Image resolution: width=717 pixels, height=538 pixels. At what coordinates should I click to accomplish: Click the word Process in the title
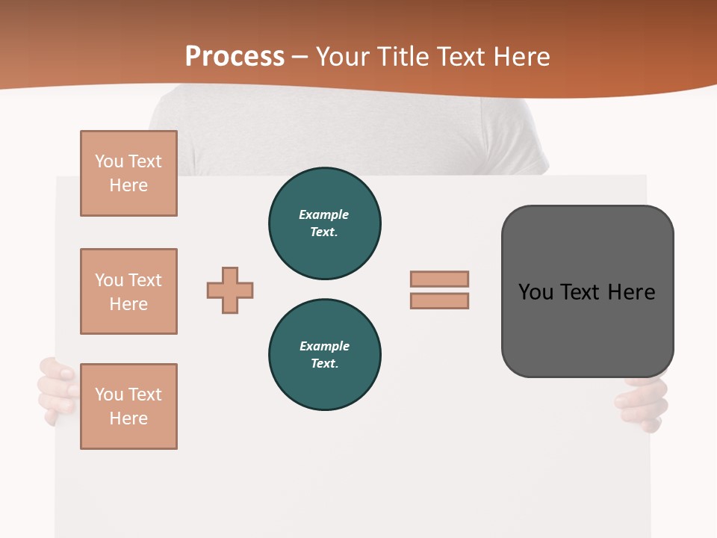[x=235, y=57]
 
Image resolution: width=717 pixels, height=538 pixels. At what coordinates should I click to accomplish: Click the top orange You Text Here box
[x=128, y=173]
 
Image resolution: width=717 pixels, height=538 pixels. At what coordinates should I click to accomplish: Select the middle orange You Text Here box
[x=128, y=291]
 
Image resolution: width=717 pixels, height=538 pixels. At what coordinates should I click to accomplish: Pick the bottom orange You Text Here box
[x=128, y=406]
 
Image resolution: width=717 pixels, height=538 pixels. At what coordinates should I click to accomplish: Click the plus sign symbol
[x=230, y=290]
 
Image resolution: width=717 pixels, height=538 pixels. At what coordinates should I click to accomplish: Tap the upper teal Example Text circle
[x=325, y=223]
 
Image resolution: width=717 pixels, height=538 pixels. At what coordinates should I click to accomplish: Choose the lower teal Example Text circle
[x=325, y=355]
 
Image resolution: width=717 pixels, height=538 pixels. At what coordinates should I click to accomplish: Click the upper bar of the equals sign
[x=439, y=279]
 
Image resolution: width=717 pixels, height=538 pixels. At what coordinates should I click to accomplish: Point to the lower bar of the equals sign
[x=439, y=300]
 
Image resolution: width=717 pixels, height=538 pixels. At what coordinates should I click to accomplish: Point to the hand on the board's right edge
[x=644, y=403]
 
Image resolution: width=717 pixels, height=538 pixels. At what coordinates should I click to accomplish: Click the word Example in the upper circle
[x=324, y=214]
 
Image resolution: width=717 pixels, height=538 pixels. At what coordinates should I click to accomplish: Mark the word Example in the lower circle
[x=324, y=346]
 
